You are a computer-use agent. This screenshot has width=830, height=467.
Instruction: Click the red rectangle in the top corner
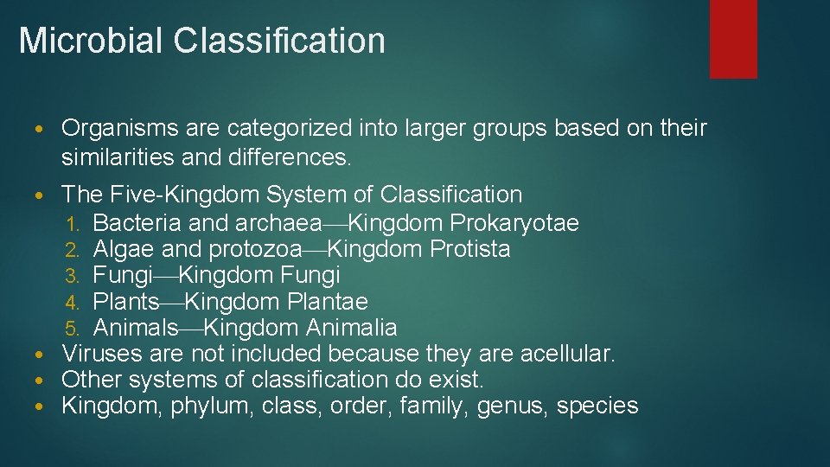click(x=733, y=38)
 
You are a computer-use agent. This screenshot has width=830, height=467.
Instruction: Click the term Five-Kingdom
click(x=184, y=195)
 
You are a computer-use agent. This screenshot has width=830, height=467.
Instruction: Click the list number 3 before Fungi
click(x=73, y=277)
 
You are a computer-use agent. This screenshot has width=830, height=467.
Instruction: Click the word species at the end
click(x=597, y=406)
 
